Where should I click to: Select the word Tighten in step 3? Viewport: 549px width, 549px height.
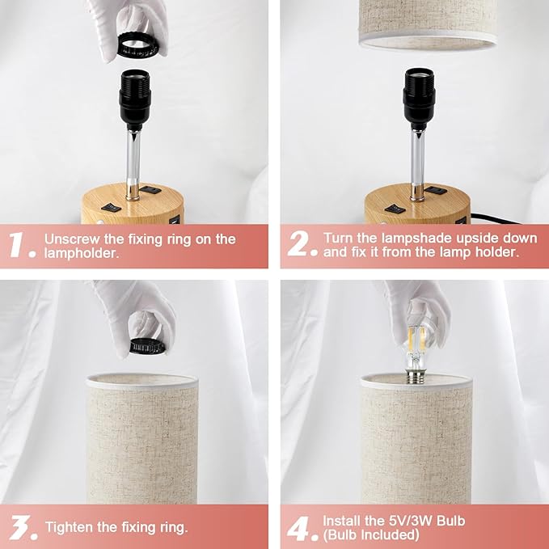70,527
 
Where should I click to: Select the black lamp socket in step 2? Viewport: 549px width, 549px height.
419,99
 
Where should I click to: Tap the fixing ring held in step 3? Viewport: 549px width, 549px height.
148,346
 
